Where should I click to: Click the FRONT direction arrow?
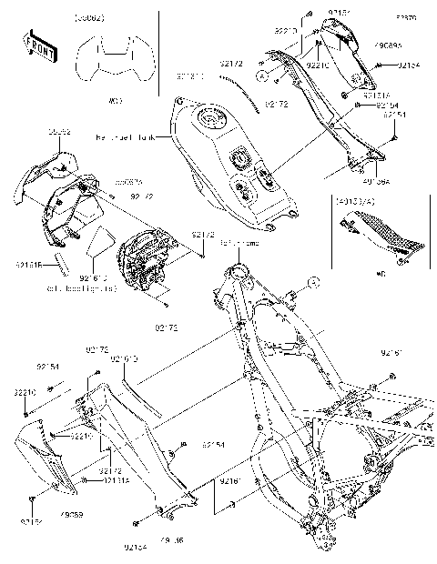38,46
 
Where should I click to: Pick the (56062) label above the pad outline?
90,17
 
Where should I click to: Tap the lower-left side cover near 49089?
44,459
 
